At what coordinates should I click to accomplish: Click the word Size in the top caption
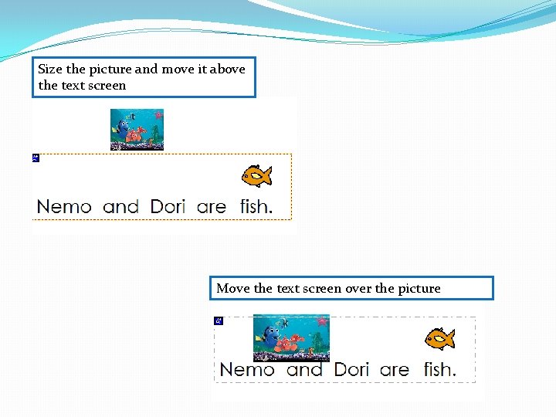[x=50, y=69]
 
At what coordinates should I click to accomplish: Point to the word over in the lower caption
[x=358, y=288]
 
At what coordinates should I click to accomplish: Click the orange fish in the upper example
[x=256, y=176]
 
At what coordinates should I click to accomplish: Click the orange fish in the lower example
[x=439, y=338]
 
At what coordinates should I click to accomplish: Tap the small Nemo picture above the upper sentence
[x=137, y=129]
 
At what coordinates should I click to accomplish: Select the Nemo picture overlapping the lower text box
[x=291, y=337]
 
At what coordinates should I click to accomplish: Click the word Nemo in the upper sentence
[x=64, y=207]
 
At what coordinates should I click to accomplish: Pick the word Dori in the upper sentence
[x=168, y=207]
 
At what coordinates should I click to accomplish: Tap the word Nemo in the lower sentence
[x=247, y=370]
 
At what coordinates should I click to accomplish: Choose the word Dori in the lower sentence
[x=351, y=370]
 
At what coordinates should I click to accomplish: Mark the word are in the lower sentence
[x=394, y=370]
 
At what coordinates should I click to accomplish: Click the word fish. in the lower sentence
[x=439, y=370]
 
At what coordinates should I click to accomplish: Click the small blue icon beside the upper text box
[x=36, y=158]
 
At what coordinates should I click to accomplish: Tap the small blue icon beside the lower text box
[x=219, y=320]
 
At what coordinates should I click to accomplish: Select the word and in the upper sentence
[x=120, y=207]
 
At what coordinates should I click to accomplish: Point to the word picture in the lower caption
[x=419, y=289]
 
